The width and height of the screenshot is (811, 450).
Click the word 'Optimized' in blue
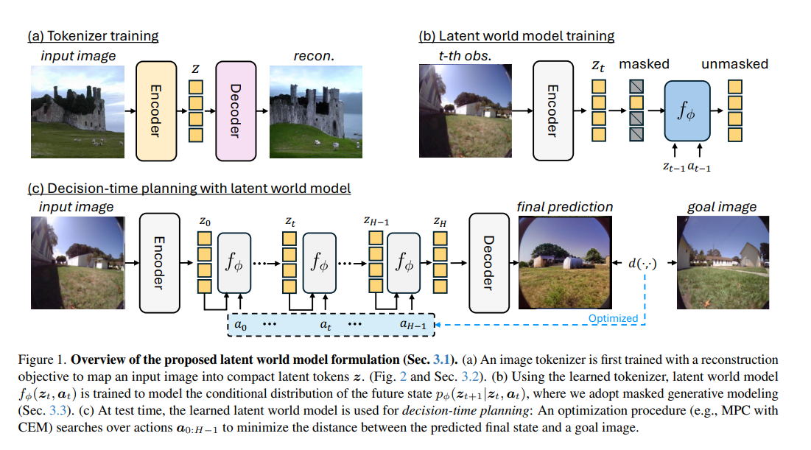coord(613,319)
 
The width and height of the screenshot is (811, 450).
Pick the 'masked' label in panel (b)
coord(644,64)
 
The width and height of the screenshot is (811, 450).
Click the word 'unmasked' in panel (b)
coord(734,64)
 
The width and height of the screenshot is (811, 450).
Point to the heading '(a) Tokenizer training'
coord(93,35)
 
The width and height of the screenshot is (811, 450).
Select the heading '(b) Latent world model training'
coord(516,35)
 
